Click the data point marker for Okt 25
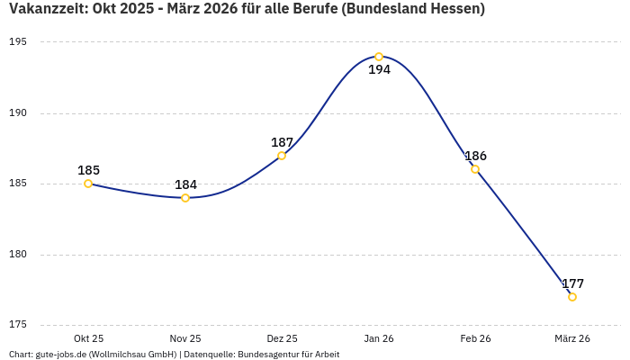point(88,184)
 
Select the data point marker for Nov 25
point(185,198)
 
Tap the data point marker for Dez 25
point(282,156)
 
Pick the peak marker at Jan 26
point(379,57)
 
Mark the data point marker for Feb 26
point(475,169)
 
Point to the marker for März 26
point(572,297)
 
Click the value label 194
point(379,69)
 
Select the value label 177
point(572,283)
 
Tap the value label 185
point(88,170)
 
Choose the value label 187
point(282,142)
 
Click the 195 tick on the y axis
point(18,42)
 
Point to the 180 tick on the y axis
point(18,255)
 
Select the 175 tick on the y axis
point(18,325)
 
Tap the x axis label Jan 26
point(379,338)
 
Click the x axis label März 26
point(572,338)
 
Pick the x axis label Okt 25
point(88,338)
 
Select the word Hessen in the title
point(454,9)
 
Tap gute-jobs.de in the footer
point(61,355)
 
